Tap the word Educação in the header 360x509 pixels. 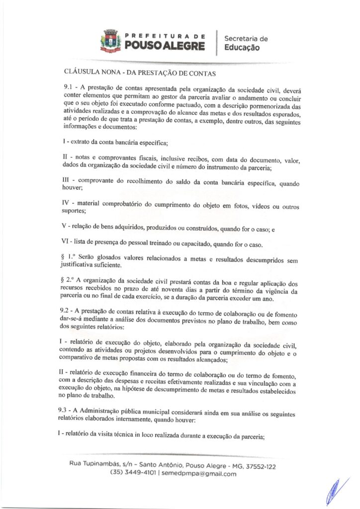242,48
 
